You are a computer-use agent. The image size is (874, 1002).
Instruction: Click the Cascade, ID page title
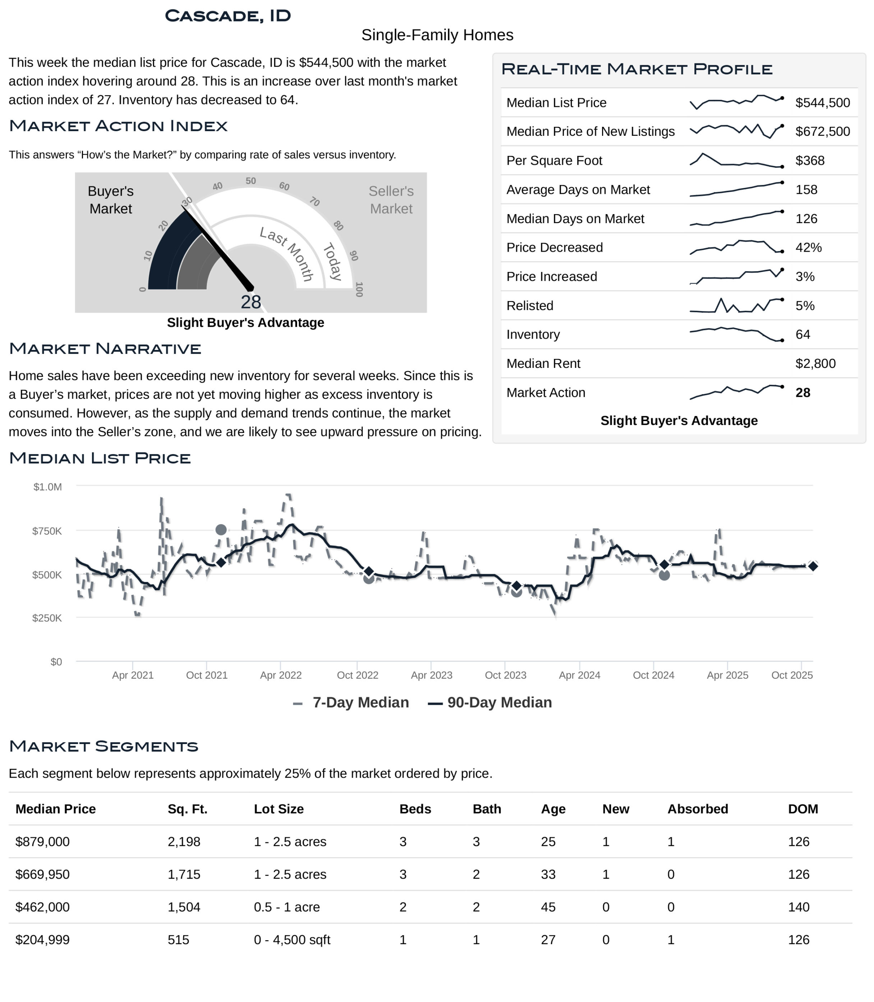click(x=228, y=16)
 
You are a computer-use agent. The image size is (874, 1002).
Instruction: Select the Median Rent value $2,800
click(x=815, y=364)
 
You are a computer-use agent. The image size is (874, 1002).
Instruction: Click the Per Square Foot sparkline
click(x=736, y=160)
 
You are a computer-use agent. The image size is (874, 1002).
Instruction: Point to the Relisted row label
click(x=530, y=305)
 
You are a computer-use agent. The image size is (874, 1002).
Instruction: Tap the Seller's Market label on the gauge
click(x=391, y=200)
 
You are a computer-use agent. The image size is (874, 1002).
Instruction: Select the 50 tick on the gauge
click(x=250, y=181)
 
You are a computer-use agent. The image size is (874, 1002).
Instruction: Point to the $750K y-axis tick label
click(x=47, y=531)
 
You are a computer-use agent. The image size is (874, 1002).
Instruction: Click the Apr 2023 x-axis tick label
click(x=431, y=675)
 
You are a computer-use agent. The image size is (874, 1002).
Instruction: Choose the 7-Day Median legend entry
click(x=351, y=703)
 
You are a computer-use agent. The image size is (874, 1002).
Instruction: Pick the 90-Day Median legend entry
click(x=490, y=703)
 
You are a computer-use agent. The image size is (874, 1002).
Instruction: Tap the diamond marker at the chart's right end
click(x=813, y=566)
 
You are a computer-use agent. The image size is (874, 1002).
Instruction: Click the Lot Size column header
click(x=279, y=809)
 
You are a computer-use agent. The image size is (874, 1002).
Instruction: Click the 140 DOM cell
click(x=798, y=907)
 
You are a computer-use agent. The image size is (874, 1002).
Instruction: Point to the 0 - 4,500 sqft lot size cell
click(x=292, y=939)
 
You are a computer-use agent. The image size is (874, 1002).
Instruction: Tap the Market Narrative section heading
click(x=105, y=349)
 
